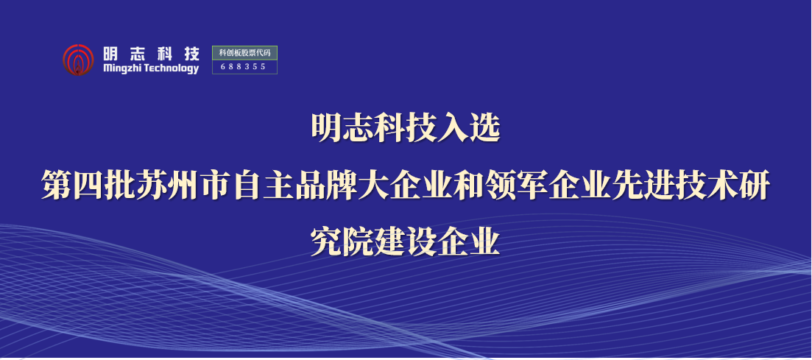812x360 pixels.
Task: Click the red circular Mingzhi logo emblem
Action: click(78, 60)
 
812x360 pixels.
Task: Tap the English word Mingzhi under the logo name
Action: click(122, 69)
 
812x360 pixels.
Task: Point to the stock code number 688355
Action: click(243, 66)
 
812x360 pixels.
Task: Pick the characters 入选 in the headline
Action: click(469, 128)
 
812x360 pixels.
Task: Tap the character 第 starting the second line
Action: click(57, 186)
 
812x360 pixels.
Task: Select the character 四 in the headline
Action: click(88, 186)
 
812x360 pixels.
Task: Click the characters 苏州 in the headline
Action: click(169, 186)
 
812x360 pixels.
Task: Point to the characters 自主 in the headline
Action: click(264, 186)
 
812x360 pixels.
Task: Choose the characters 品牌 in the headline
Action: click(327, 186)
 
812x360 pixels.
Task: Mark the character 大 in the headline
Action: click(375, 186)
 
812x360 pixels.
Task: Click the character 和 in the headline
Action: click(470, 186)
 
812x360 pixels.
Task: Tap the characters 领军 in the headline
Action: click(518, 186)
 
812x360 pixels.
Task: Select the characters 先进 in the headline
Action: click(644, 186)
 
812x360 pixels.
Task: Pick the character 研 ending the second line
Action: click(755, 186)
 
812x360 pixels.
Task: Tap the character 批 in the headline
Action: click(121, 186)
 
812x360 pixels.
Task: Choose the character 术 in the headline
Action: click(724, 186)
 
